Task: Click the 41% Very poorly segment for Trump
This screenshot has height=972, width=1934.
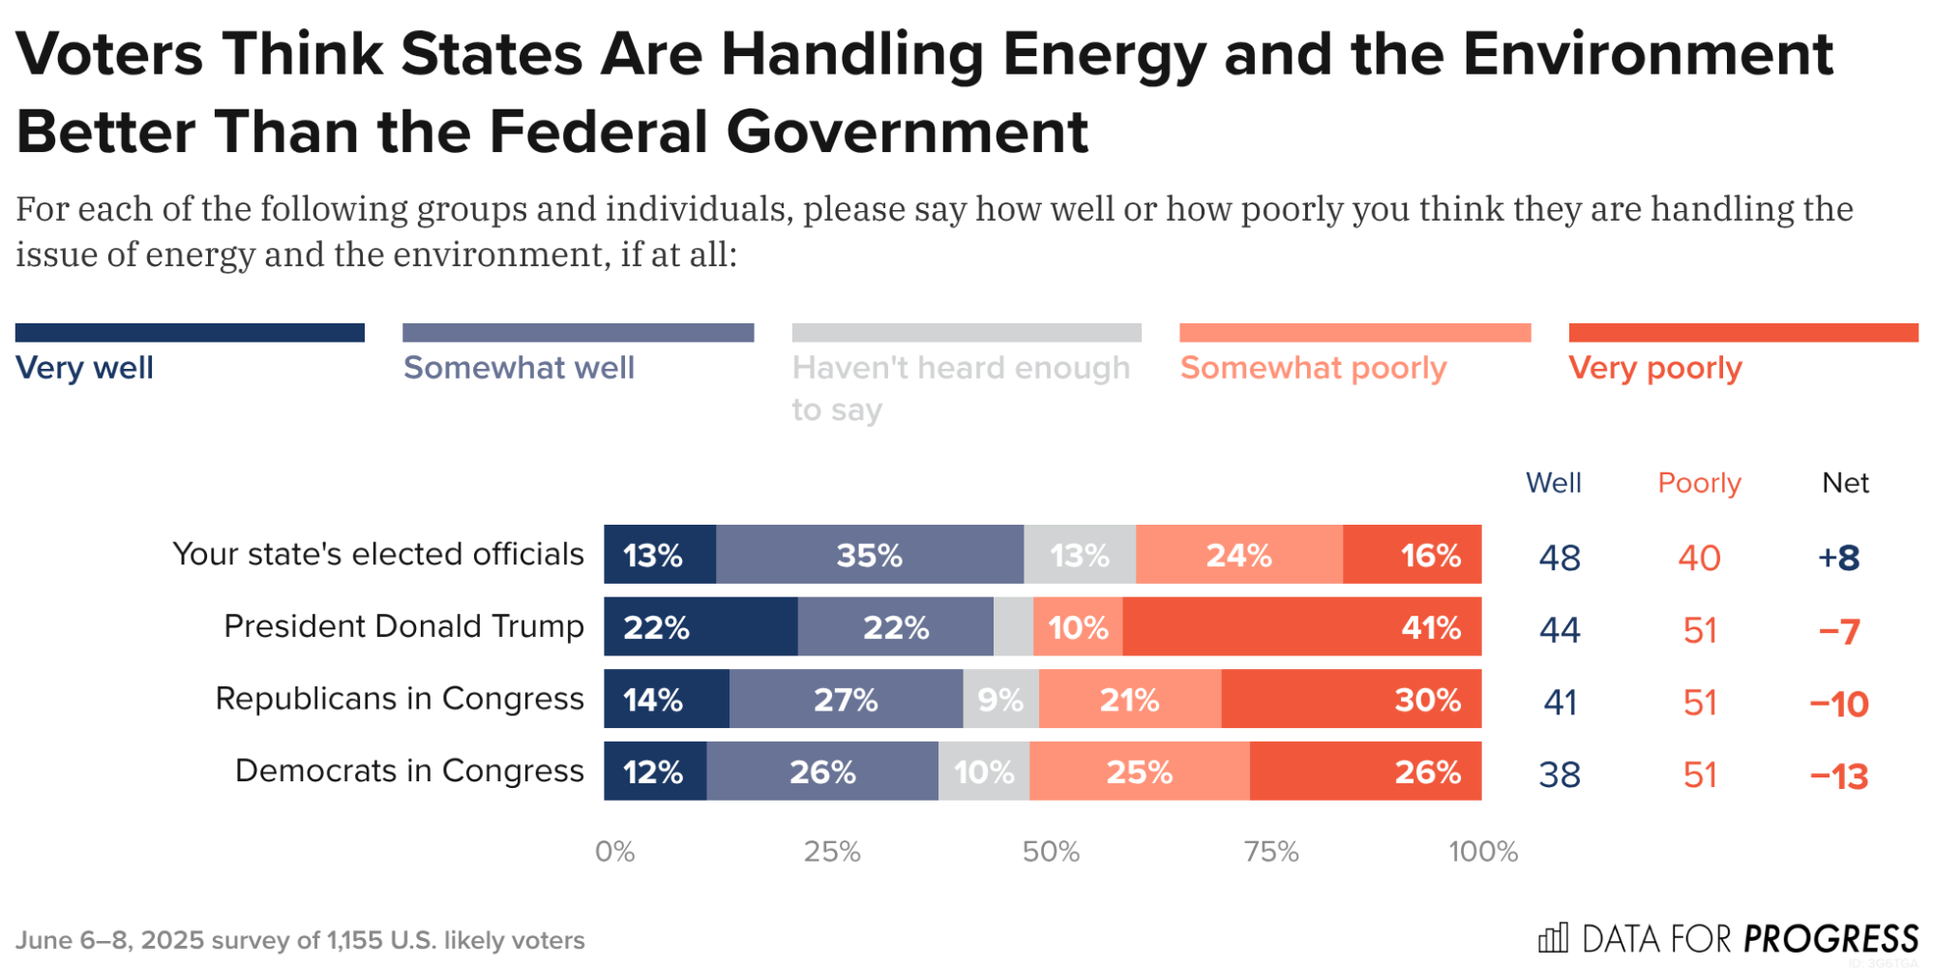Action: point(1301,627)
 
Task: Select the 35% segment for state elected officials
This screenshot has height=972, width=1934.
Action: point(869,555)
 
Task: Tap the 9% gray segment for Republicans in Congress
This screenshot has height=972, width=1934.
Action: point(1000,699)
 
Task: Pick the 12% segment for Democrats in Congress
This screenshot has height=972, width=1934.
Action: point(655,772)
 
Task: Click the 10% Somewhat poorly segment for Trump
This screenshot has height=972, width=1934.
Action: point(1078,627)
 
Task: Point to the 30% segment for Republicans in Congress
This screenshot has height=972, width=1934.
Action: point(1351,699)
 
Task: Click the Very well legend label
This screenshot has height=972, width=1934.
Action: point(85,368)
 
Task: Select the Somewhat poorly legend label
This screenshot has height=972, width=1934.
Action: point(1313,368)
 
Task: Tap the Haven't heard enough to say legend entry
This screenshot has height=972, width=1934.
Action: point(960,387)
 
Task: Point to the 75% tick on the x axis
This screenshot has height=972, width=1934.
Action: point(1271,851)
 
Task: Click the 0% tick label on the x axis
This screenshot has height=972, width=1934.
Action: point(614,851)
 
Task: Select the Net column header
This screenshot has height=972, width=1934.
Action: point(1845,482)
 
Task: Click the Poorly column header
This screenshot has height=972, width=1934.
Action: point(1699,482)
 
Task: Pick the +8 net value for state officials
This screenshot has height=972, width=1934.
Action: point(1838,558)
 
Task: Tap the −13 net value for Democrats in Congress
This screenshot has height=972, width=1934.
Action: point(1838,775)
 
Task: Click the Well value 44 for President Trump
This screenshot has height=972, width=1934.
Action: point(1560,630)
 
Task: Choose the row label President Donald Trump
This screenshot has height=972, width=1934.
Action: point(403,626)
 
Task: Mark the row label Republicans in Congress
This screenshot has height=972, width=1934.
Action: point(399,698)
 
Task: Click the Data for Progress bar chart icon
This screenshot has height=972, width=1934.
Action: point(1553,937)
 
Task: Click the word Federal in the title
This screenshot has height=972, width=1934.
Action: point(599,132)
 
